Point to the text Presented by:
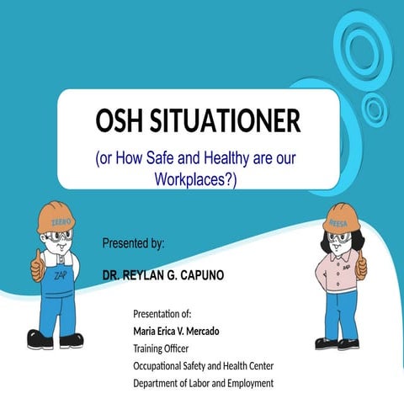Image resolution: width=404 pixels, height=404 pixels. coord(133,244)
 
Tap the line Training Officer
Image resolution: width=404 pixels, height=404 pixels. coord(161,348)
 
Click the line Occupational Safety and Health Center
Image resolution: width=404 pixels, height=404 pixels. coord(204,366)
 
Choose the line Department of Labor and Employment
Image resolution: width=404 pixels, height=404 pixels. coord(204,384)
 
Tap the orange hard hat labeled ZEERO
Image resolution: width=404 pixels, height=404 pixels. coord(56,218)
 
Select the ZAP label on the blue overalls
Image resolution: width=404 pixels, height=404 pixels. coord(60,275)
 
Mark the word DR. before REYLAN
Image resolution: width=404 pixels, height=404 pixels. coord(111,275)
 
